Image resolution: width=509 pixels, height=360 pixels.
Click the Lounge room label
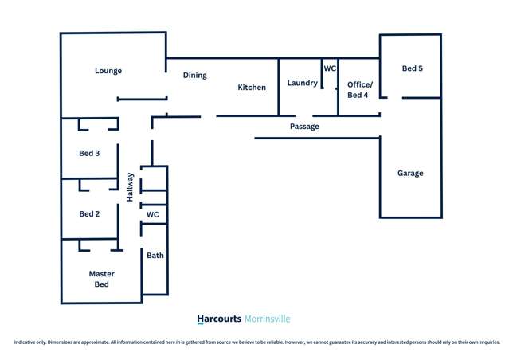[108, 71]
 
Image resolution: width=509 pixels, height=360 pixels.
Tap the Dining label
[194, 76]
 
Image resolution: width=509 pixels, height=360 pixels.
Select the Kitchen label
[252, 88]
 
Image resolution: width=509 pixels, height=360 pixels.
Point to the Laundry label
[302, 83]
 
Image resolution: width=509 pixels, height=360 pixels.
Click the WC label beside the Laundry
[330, 69]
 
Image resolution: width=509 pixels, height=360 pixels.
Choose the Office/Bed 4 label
[358, 90]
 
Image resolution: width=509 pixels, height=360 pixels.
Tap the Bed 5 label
[412, 69]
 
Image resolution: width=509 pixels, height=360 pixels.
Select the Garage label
[410, 174]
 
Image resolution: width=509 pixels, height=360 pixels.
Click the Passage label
[304, 127]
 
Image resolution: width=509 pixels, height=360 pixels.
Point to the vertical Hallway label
[130, 187]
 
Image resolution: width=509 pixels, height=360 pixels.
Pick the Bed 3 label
[89, 154]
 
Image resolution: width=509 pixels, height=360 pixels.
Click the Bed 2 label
[89, 214]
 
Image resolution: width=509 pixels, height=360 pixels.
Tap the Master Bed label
[101, 279]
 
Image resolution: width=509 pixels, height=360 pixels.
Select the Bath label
[155, 256]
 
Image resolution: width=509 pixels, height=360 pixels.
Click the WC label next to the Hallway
[153, 215]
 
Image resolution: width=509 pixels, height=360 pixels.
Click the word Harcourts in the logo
[219, 319]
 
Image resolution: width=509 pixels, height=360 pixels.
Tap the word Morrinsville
[268, 319]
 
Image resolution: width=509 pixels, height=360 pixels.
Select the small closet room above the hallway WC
[154, 179]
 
